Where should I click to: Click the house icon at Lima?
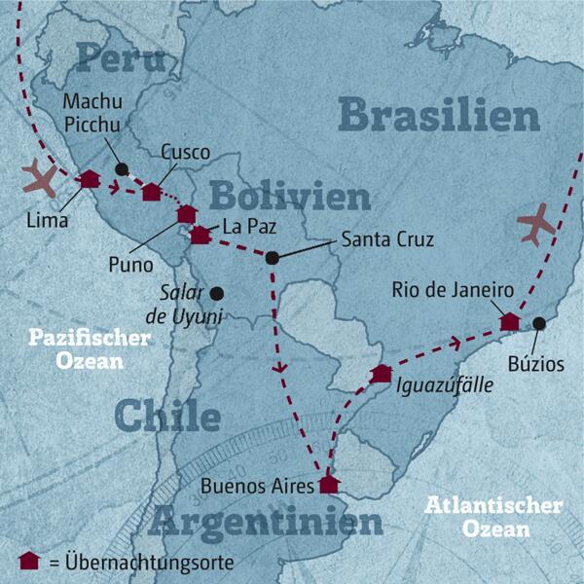[x=90, y=179]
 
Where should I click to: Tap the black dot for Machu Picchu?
[x=121, y=168]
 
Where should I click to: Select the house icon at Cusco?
[x=152, y=192]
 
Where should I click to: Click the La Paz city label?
[x=240, y=228]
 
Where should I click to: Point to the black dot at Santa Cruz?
[x=272, y=257]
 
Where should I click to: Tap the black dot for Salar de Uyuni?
[x=217, y=292]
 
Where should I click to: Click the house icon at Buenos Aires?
[x=329, y=484]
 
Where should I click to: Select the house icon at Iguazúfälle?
[x=381, y=374]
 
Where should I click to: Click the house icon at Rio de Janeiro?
[x=509, y=321]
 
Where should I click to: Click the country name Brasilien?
[x=439, y=116]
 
